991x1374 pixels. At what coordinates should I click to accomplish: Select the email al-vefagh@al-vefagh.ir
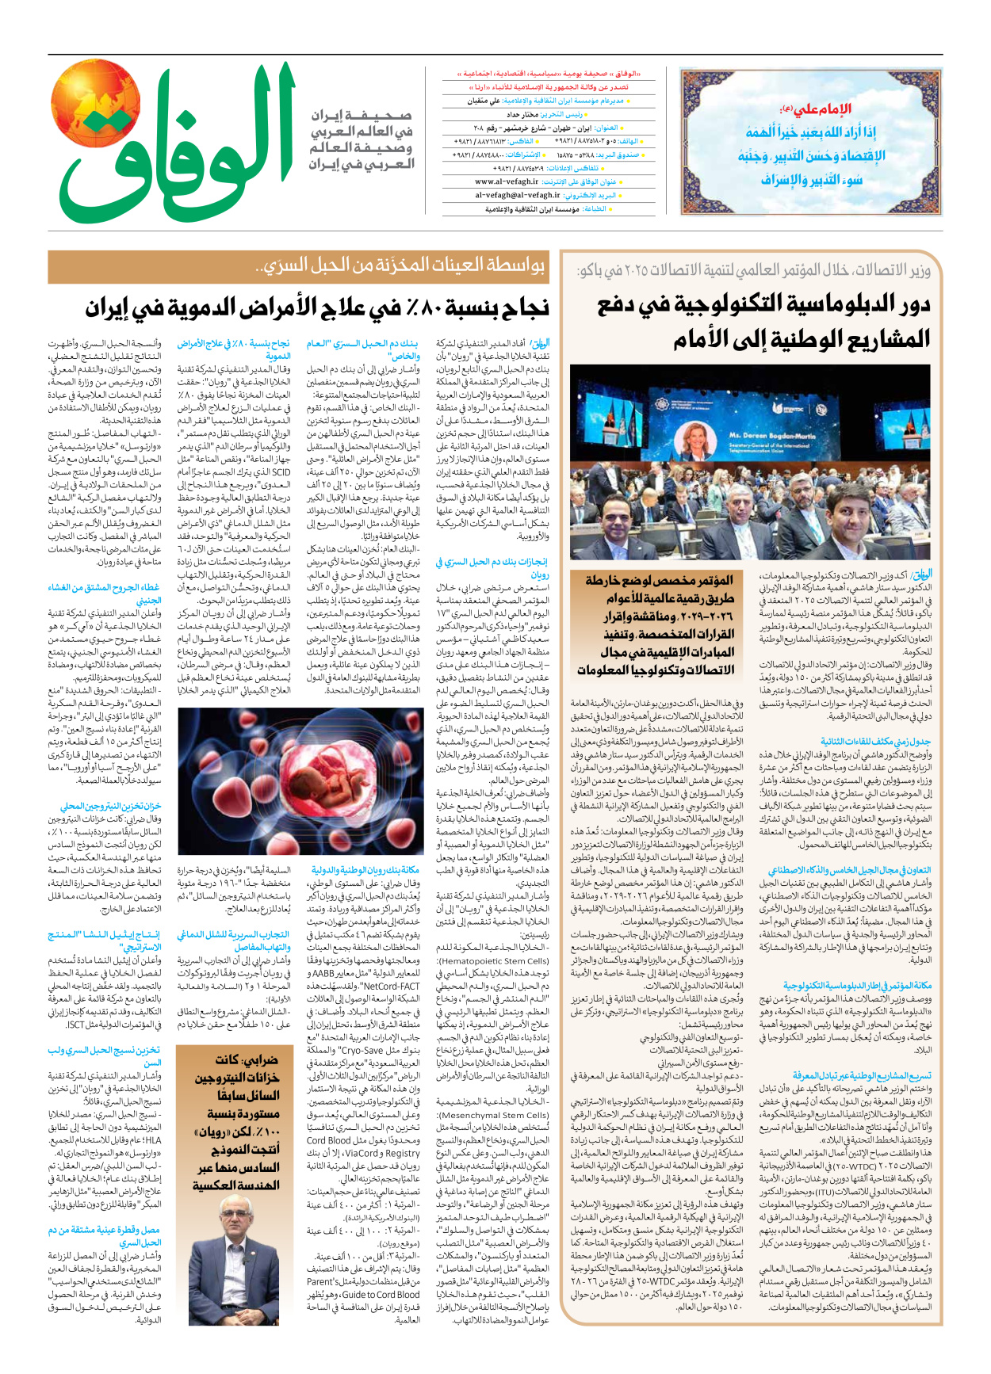(x=518, y=195)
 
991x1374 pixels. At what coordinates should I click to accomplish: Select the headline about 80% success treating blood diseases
(x=316, y=308)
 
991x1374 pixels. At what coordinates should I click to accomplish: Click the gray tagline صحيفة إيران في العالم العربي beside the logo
(x=361, y=139)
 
